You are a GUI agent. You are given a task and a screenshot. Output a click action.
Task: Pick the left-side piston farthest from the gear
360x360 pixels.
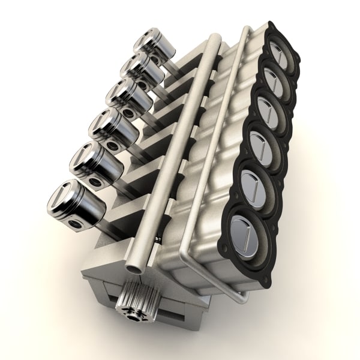(154, 45)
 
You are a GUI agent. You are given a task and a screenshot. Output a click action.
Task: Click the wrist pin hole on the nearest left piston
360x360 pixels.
(75, 224)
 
